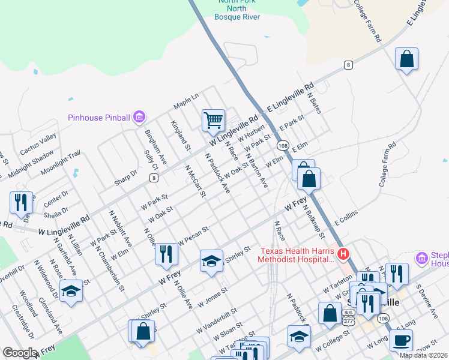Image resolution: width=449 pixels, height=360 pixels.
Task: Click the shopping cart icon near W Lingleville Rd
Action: (x=213, y=120)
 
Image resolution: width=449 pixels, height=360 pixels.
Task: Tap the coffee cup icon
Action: (x=401, y=340)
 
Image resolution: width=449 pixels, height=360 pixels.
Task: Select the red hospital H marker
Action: (x=343, y=254)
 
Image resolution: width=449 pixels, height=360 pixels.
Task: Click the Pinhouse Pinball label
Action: (x=99, y=118)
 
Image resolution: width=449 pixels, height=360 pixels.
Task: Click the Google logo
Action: (x=19, y=353)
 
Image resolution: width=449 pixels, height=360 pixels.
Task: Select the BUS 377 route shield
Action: (x=348, y=317)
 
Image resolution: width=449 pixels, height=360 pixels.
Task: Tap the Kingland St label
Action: (x=181, y=136)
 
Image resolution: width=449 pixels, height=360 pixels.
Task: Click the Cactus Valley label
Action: (x=38, y=143)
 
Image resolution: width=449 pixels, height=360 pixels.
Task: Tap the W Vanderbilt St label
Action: (x=217, y=321)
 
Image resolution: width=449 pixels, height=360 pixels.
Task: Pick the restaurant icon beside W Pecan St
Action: (x=166, y=254)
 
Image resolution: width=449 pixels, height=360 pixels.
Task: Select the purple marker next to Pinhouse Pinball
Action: (x=139, y=116)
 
